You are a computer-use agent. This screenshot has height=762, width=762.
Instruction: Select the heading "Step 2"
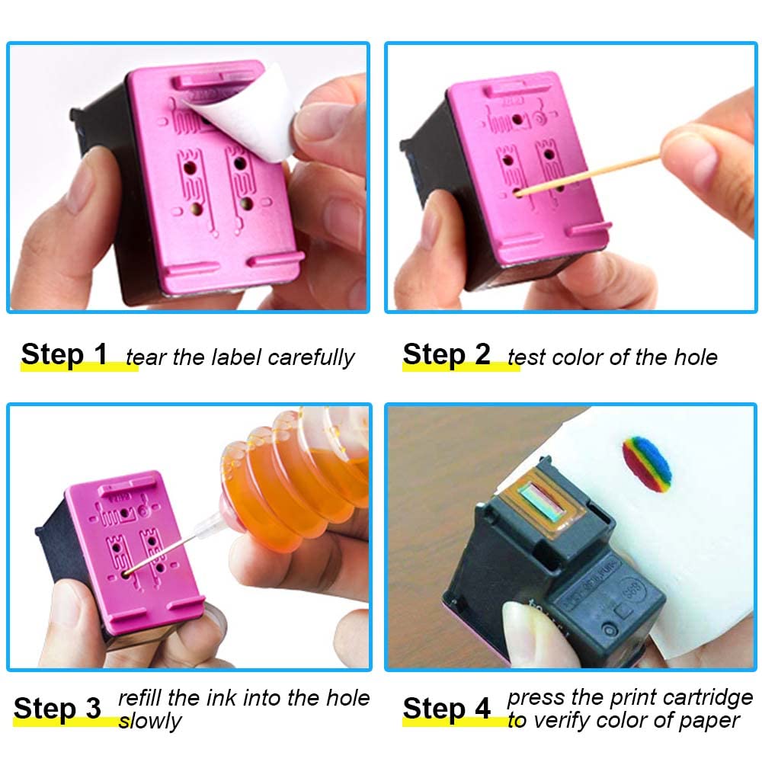click(447, 355)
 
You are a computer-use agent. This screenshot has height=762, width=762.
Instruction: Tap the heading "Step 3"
click(57, 709)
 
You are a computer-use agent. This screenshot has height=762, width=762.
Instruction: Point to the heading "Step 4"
click(447, 709)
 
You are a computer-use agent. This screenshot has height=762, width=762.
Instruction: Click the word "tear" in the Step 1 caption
click(145, 357)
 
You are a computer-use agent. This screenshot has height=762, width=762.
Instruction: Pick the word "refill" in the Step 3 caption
click(141, 698)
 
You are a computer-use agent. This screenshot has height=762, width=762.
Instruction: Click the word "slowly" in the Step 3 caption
click(150, 722)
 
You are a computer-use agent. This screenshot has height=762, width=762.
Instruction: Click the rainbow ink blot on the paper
click(647, 464)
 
